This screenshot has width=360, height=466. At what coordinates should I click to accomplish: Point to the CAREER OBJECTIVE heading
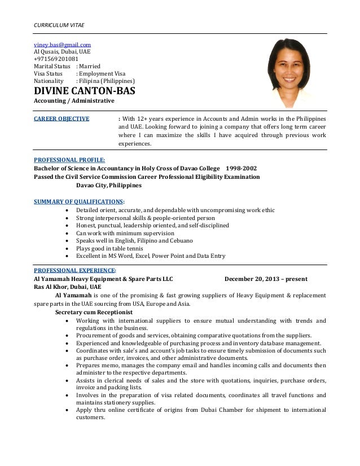point(62,119)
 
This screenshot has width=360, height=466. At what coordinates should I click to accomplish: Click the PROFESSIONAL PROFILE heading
point(69,160)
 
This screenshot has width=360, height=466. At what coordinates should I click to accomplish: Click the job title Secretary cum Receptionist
point(94,312)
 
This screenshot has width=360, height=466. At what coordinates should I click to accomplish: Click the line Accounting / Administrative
point(74,101)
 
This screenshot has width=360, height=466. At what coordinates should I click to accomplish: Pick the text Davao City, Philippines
point(109,185)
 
